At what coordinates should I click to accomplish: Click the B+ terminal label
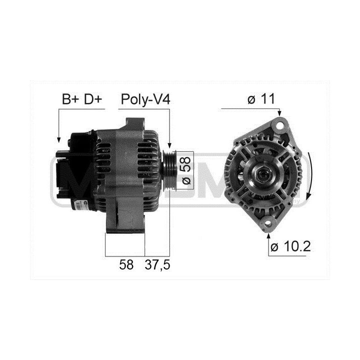[x=70, y=99]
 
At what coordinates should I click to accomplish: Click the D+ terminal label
[x=92, y=99]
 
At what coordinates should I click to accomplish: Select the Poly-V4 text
[x=145, y=99]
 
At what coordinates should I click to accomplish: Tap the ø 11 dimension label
[x=261, y=99]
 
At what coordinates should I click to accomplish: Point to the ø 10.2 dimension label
[x=290, y=246]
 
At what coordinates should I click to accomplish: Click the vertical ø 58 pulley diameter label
[x=186, y=170]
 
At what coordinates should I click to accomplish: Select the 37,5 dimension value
[x=157, y=265]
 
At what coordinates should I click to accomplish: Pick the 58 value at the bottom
[x=126, y=264]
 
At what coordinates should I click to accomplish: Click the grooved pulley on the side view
[x=170, y=170]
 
